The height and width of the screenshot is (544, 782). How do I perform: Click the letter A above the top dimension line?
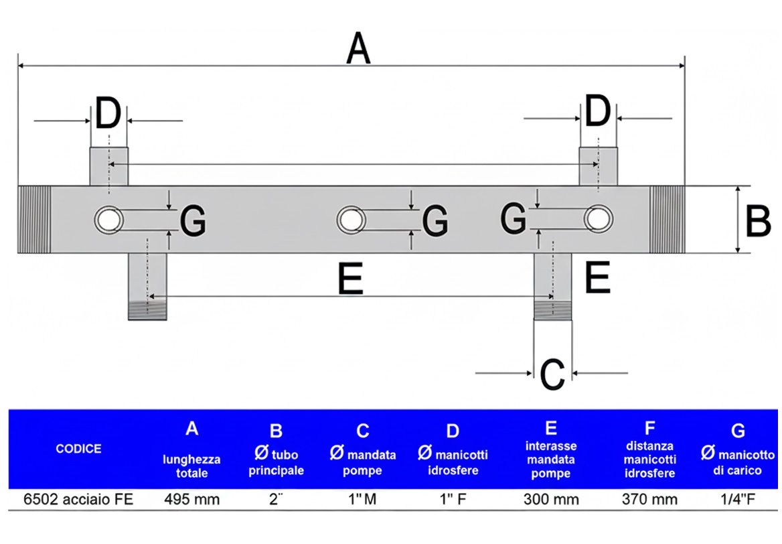(x=358, y=50)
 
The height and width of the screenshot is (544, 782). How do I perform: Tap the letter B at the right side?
(x=758, y=220)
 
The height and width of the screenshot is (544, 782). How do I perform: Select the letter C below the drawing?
(x=552, y=375)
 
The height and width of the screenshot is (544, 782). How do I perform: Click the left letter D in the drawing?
(x=108, y=114)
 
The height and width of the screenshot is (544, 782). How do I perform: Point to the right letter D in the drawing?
(x=598, y=112)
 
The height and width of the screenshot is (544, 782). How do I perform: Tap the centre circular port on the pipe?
(x=351, y=219)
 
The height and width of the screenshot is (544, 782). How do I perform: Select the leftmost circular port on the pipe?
(x=108, y=219)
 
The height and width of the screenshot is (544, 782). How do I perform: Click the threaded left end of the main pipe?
(x=34, y=219)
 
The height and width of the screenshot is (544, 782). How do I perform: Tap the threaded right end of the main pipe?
(x=667, y=219)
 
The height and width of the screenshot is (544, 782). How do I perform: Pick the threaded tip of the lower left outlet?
(x=147, y=311)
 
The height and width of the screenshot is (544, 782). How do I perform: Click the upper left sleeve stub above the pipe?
(x=108, y=167)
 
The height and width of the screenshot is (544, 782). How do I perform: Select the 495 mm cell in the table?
(x=192, y=499)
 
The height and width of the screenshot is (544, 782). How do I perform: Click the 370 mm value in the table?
(x=649, y=499)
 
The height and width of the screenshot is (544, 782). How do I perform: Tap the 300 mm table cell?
(x=551, y=499)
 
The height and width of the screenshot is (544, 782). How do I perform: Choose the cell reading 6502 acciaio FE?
(x=78, y=499)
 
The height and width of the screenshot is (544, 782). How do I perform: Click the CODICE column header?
(x=78, y=448)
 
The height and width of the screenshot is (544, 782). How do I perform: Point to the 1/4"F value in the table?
(x=737, y=499)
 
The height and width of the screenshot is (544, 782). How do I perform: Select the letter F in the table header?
(x=649, y=427)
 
